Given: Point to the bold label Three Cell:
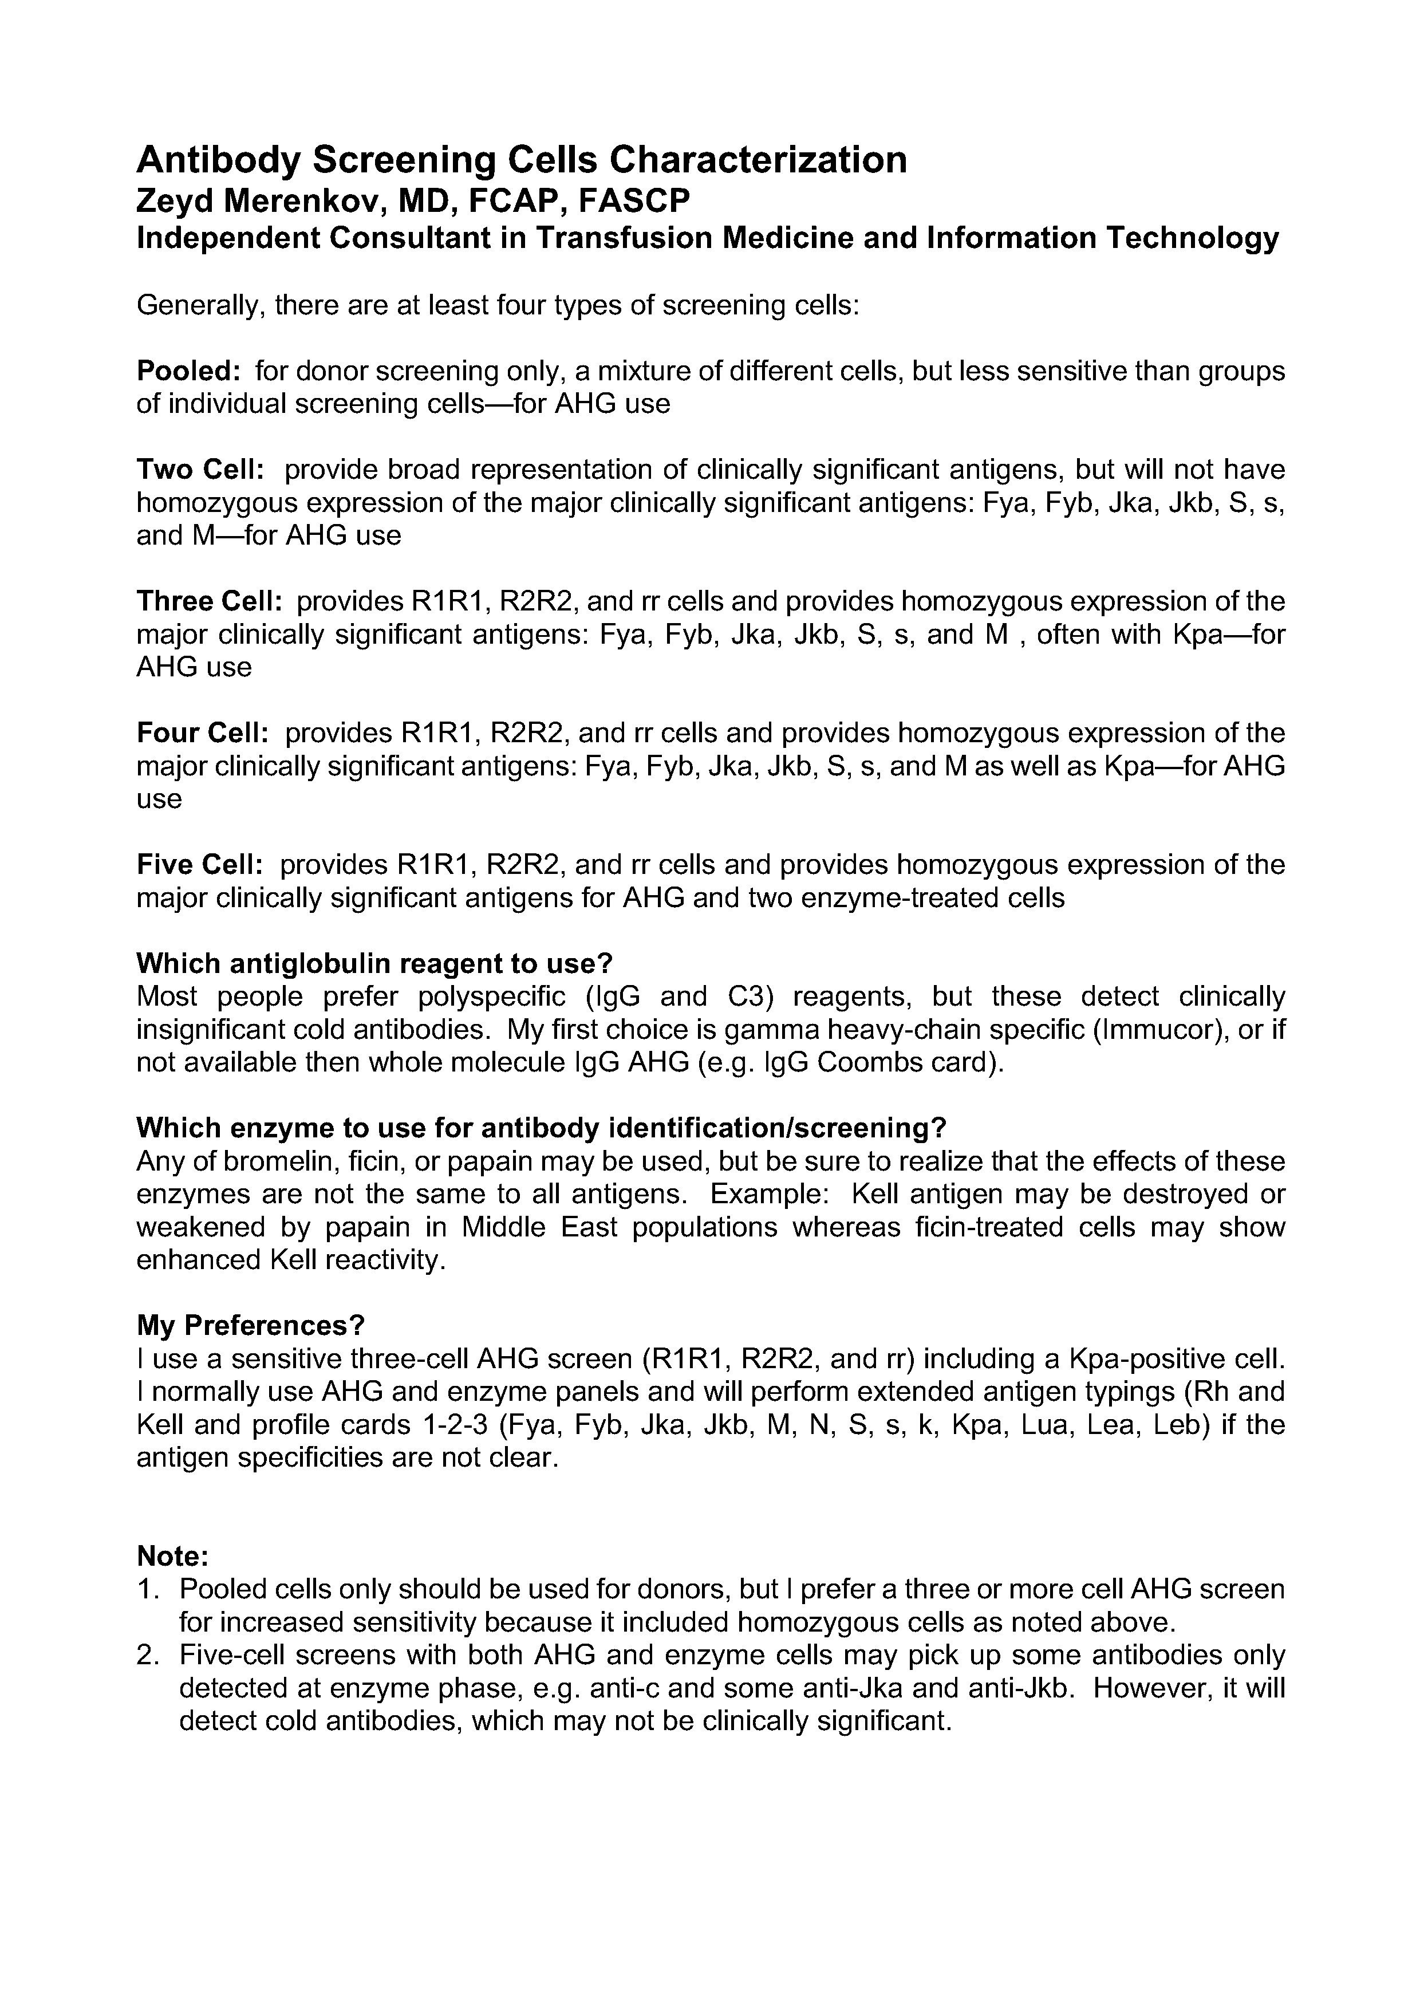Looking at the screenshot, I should point(209,601).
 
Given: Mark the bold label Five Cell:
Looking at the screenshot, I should point(199,865).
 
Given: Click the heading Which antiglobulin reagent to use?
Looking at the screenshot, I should point(374,963).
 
